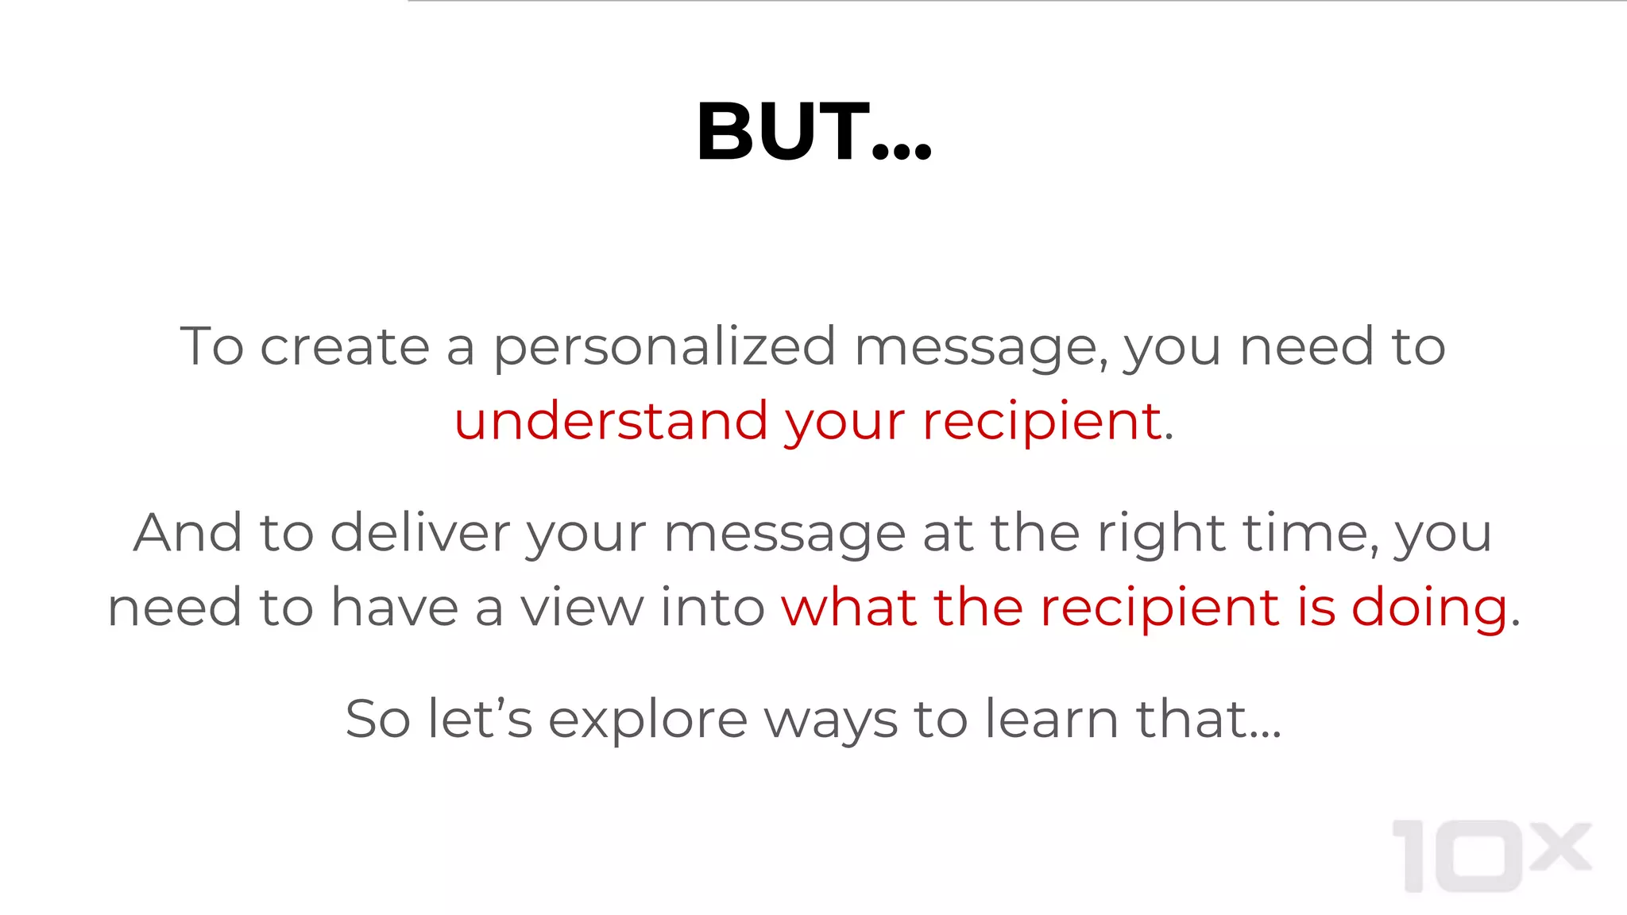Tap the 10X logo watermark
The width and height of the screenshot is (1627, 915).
1491,855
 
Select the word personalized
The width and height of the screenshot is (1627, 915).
664,347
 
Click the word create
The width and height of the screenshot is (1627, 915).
345,347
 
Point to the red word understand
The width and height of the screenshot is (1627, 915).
610,421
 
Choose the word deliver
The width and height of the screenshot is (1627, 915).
419,533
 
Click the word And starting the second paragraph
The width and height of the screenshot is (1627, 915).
187,533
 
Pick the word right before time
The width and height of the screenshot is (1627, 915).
1161,533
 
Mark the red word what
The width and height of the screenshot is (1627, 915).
848,608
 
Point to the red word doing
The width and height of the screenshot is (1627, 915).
1429,608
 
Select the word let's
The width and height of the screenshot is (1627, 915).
479,719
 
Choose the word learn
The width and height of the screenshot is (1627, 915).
1052,719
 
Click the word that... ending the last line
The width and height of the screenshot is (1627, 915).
1208,719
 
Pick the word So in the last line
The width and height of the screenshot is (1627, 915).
377,719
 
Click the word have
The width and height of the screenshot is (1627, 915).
395,608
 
